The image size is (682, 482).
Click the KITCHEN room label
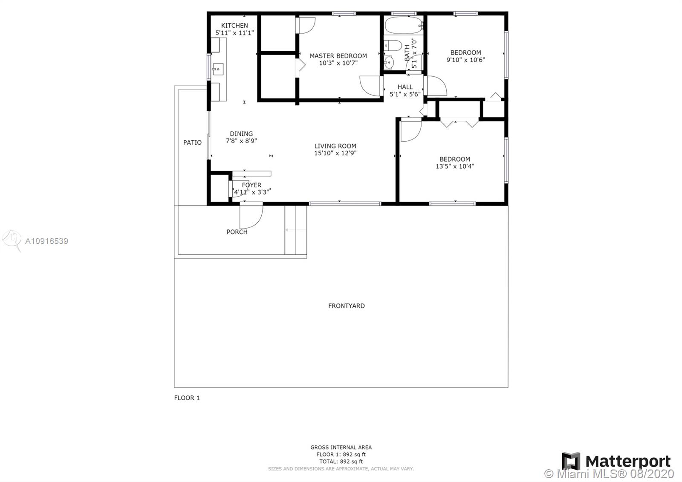coord(234,26)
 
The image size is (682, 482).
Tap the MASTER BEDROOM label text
coord(338,56)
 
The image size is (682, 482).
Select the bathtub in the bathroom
coord(404,25)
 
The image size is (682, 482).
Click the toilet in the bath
coord(390,46)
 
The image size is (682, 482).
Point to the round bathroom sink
coord(389,63)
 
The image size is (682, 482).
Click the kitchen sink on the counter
coord(218,69)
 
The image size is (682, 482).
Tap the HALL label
coord(405,87)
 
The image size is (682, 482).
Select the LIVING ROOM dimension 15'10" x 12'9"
coord(335,153)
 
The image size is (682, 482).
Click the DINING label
coord(241,134)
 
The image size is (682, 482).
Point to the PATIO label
coord(192,142)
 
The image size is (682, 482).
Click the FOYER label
coord(251,185)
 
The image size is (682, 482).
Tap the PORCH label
coord(237,232)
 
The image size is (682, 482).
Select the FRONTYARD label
coord(347,306)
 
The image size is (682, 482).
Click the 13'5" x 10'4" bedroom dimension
coord(455,166)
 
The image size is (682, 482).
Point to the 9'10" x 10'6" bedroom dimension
coord(465,60)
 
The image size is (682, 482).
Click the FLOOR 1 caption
coord(187,398)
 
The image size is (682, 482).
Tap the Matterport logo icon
coord(571,461)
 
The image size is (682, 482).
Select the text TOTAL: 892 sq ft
coord(341,462)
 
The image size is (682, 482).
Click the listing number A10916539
coord(46,241)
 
